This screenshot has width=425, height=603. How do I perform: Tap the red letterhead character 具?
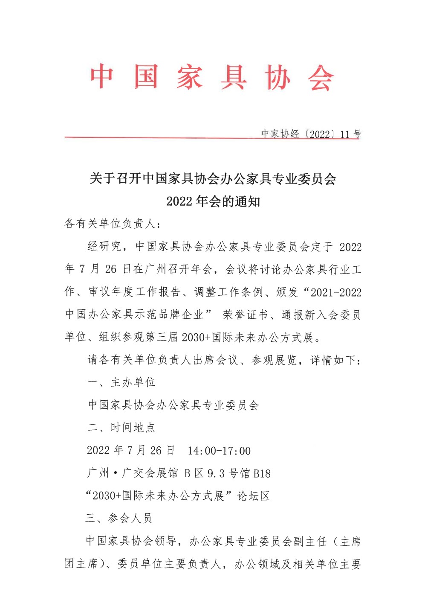[x=233, y=77]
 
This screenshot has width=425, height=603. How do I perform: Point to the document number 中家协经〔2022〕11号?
[x=311, y=134]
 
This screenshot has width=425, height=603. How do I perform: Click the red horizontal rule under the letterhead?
[x=162, y=137]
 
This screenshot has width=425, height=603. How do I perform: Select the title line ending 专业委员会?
[x=213, y=178]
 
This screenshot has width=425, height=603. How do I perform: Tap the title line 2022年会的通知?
[x=213, y=201]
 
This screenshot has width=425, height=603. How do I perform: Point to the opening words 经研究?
[x=104, y=246]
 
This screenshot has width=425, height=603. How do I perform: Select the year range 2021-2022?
[x=336, y=292]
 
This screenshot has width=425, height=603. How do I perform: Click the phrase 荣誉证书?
[x=245, y=315]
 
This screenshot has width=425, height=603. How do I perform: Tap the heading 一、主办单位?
[x=121, y=382]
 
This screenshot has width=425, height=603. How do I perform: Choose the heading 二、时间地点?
[x=121, y=428]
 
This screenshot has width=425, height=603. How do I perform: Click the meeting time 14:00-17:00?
[x=219, y=451]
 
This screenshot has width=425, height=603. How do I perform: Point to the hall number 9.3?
[x=216, y=473]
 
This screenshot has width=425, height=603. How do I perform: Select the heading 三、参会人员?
[x=119, y=519]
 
